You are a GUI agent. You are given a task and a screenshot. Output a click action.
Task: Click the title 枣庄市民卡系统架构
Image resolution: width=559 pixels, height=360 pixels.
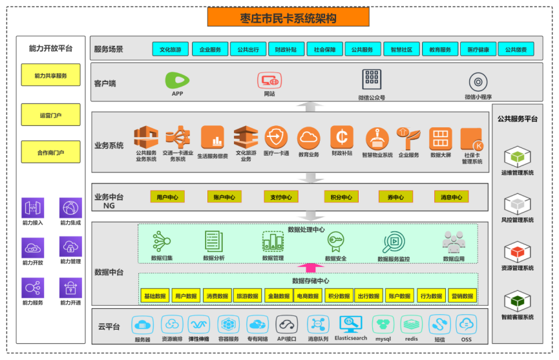coord(288,17)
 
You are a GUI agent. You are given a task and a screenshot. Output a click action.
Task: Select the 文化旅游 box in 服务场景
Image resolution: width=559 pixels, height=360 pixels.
coord(171,50)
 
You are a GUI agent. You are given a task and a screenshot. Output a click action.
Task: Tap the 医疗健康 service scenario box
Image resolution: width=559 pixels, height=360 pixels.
coord(479,50)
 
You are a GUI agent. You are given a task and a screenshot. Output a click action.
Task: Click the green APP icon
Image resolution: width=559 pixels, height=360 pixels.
coord(177,80)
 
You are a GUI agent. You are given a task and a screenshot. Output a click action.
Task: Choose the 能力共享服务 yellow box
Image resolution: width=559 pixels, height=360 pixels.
coord(50,76)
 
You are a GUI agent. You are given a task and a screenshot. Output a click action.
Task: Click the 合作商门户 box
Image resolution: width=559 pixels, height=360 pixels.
coord(50,153)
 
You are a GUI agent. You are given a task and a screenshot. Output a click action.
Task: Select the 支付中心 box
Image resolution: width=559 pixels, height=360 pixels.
coord(280,197)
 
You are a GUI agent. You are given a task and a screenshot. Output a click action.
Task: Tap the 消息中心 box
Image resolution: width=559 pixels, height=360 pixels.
coord(451,197)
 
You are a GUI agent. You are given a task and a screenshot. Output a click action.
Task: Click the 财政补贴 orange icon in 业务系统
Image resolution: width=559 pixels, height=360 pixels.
coord(341,137)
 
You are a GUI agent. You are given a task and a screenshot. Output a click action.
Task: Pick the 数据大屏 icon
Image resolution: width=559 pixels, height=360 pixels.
coord(440,138)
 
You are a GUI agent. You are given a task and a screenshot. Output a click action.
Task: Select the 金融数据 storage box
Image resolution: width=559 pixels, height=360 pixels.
coord(279,296)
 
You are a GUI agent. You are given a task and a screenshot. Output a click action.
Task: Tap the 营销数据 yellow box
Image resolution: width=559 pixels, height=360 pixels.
coord(462,296)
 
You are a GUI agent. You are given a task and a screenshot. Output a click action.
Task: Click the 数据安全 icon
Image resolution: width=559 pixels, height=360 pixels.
coord(335,242)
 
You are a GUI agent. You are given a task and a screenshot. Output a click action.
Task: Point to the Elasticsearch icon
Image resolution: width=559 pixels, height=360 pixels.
coord(350,324)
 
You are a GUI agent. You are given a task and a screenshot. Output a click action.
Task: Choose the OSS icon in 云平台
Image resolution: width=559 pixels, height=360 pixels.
coord(466,324)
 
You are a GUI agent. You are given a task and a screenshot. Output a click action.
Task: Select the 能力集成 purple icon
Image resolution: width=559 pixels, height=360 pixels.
coord(70,208)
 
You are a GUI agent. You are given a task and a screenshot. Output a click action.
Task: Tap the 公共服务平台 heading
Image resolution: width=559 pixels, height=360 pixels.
coord(517,119)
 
